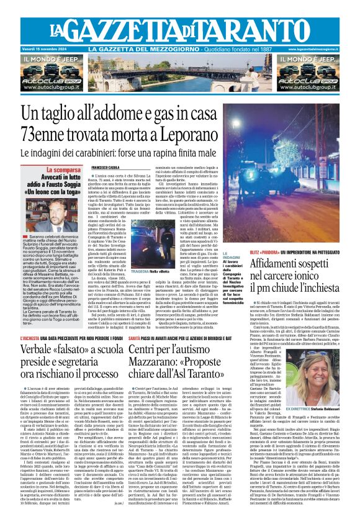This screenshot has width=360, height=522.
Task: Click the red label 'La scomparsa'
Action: (x=63, y=169)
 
